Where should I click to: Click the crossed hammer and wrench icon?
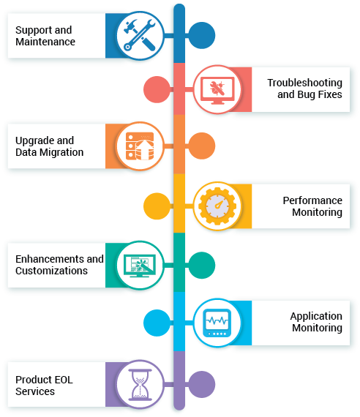(140, 35)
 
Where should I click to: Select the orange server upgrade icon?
(140, 146)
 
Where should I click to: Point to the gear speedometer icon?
(217, 206)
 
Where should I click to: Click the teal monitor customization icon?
(140, 266)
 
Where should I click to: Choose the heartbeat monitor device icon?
(217, 323)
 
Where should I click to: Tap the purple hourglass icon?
(140, 384)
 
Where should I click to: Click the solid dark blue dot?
(202, 35)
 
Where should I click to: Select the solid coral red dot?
(157, 90)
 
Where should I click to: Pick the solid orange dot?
(202, 146)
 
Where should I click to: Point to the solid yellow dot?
(157, 206)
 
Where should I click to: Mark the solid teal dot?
(202, 265)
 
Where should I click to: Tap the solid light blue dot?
(157, 323)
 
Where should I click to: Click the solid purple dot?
(202, 384)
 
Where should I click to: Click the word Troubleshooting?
(304, 83)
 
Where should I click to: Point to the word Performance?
(312, 200)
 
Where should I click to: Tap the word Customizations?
(51, 271)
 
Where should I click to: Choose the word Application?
(316, 317)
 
